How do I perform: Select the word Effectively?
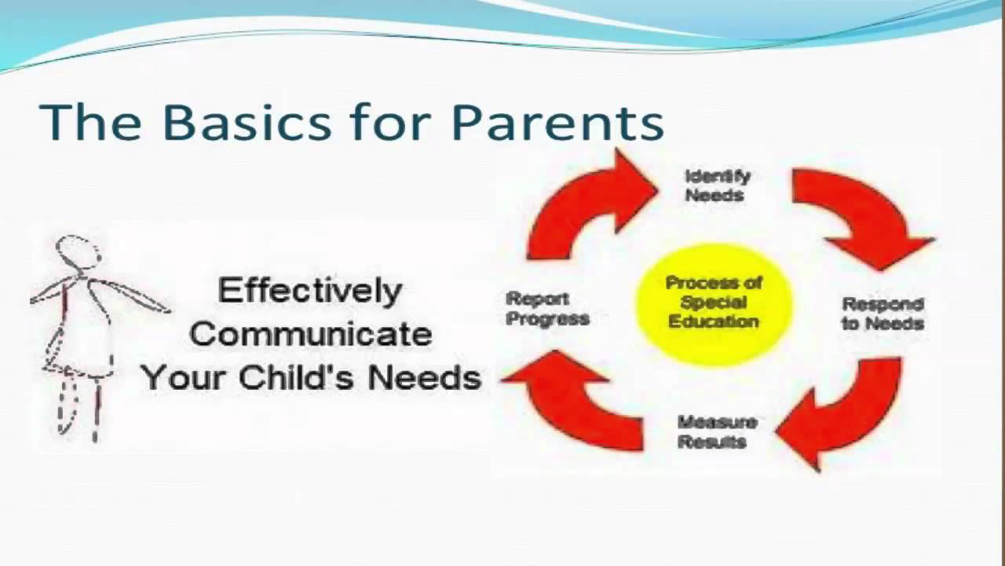coord(309,291)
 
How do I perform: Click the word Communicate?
coord(310,334)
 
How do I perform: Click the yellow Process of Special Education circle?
coord(713,302)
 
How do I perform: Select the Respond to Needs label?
coord(883,313)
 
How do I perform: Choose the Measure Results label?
coord(717,432)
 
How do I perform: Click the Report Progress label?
coord(547,308)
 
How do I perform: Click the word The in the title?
coord(90,122)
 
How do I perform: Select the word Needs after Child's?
coord(424,377)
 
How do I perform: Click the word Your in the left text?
coord(185,377)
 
